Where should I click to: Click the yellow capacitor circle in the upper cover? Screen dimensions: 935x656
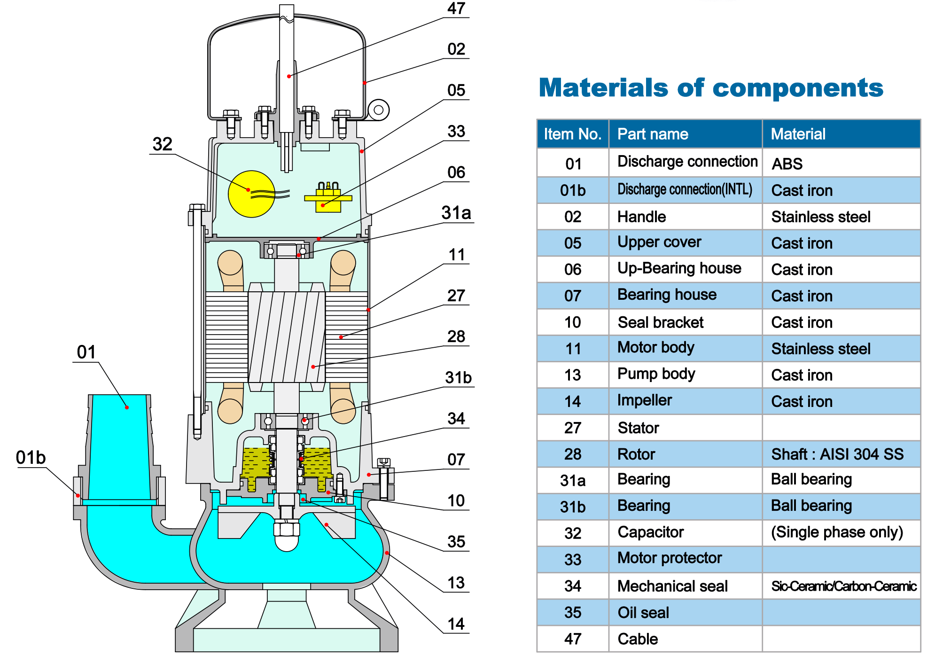[251, 194]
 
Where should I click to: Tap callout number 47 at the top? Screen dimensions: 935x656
[456, 8]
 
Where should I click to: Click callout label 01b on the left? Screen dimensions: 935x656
[31, 457]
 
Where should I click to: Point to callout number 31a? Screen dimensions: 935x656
[456, 213]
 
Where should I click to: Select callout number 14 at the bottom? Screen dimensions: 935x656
[456, 624]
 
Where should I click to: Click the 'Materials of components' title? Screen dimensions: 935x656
[711, 88]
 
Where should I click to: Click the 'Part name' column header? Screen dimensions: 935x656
[653, 134]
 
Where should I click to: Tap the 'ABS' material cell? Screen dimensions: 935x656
[787, 164]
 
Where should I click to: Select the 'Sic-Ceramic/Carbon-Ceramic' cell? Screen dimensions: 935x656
[844, 586]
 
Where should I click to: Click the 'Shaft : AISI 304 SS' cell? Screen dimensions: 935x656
[837, 454]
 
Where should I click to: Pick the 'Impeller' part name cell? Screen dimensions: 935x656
[645, 400]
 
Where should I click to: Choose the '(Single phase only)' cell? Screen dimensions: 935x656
[837, 532]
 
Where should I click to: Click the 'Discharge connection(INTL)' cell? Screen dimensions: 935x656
[685, 189]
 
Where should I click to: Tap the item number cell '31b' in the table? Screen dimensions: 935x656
[573, 507]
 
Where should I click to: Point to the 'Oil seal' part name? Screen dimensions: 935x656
[643, 613]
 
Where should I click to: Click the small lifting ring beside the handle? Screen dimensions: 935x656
[378, 110]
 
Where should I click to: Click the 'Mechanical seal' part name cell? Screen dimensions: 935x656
[672, 586]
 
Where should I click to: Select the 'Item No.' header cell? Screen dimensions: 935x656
[573, 134]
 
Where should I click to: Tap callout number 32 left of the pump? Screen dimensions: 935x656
[163, 144]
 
